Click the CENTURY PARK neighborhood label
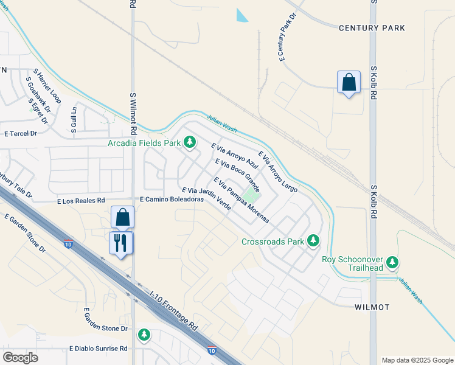[x=372, y=28]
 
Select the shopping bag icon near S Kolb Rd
[x=349, y=83]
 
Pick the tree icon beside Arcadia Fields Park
[x=190, y=143]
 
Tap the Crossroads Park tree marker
[x=313, y=242]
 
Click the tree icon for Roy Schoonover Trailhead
[x=393, y=262]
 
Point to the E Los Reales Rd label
[x=81, y=200]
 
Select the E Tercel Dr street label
[x=21, y=133]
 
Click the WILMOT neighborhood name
[x=372, y=307]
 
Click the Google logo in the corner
[x=20, y=358]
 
